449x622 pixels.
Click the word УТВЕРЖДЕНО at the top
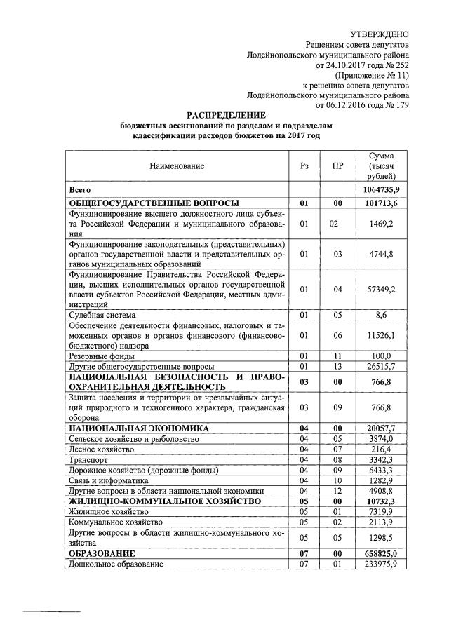point(379,33)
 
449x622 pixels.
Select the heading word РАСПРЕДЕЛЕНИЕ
point(227,114)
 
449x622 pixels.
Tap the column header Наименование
point(176,167)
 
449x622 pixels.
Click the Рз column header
point(304,167)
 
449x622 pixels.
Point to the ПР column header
point(337,167)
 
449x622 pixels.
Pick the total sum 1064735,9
point(382,190)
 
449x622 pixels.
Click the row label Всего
point(79,190)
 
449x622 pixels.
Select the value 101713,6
point(382,203)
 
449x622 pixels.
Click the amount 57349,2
point(382,289)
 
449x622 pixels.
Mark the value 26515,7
point(382,367)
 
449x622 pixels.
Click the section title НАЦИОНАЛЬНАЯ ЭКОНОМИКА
point(139,427)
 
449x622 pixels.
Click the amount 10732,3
point(382,501)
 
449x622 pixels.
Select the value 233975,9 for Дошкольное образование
point(382,564)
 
